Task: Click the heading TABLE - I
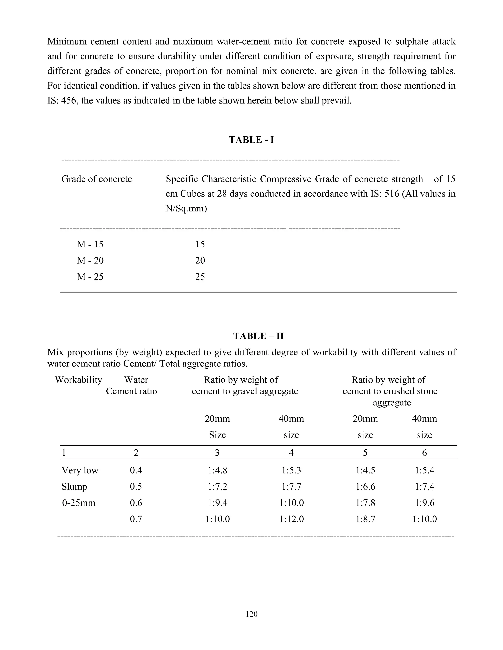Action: (251, 140)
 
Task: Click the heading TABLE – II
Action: (258, 336)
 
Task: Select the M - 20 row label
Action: (90, 260)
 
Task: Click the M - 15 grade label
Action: (90, 244)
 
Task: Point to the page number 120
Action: (251, 614)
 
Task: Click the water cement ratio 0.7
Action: (136, 519)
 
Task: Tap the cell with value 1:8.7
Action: (365, 519)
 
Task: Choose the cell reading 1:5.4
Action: (424, 470)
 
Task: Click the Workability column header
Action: (78, 380)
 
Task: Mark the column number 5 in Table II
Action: (365, 453)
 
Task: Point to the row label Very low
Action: (80, 470)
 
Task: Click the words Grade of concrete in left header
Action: (97, 179)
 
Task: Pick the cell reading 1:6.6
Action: (365, 487)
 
